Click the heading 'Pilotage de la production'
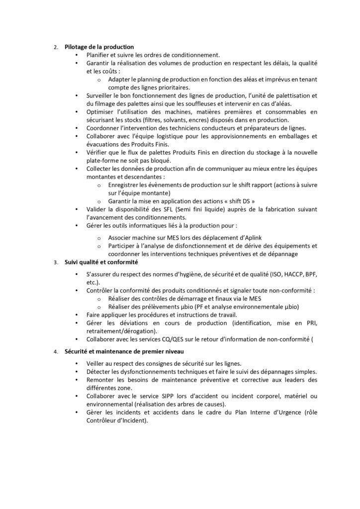99,47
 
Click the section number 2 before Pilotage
56,48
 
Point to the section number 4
56,352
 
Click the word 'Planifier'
97,55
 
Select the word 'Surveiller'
99,95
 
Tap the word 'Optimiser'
99,111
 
